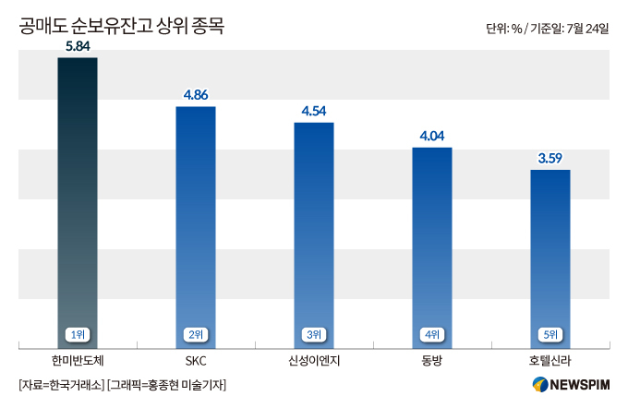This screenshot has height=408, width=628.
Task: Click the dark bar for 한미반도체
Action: (x=77, y=194)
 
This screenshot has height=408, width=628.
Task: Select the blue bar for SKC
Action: (x=196, y=222)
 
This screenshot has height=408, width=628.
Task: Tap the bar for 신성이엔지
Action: (x=314, y=231)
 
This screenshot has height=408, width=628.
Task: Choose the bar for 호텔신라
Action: (x=550, y=254)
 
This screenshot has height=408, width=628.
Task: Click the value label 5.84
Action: (x=77, y=45)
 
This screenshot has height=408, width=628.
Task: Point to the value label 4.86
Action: (x=196, y=94)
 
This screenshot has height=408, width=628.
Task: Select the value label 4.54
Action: (x=314, y=111)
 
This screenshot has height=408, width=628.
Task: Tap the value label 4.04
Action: (x=432, y=136)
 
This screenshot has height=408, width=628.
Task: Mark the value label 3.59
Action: (x=550, y=158)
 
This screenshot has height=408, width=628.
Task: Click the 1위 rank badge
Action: (x=77, y=334)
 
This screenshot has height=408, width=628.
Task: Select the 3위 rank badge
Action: (x=314, y=334)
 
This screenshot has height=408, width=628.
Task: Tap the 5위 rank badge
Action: (x=550, y=334)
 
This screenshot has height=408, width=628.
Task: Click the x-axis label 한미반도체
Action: (x=77, y=359)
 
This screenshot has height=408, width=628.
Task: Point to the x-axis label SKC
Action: (x=196, y=359)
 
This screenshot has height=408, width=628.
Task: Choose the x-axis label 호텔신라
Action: (x=550, y=359)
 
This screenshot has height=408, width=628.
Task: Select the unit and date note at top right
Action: (x=547, y=29)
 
